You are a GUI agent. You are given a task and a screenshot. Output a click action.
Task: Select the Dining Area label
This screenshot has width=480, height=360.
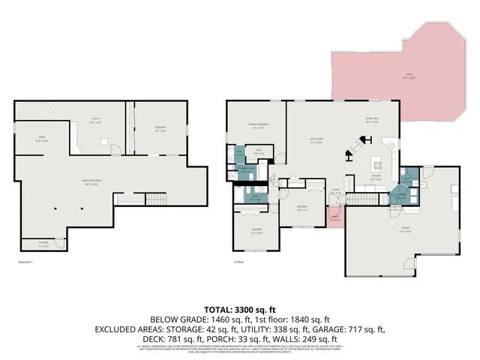pos(371,120)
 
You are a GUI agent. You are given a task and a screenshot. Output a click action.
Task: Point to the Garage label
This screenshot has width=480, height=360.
pos(404,232)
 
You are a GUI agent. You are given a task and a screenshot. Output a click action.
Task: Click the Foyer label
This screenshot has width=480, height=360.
pos(337,192)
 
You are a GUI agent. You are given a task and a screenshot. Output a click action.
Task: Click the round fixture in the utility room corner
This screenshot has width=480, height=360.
pos(47,105)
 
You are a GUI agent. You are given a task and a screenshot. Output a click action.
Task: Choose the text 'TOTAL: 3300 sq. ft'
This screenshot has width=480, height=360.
pos(240,308)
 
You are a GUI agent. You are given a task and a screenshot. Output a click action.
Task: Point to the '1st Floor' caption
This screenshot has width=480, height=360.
pos(239,262)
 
